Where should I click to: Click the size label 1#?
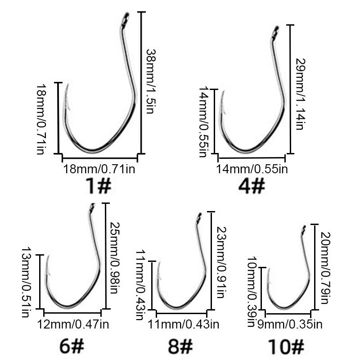(98, 185)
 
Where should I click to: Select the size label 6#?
(72, 346)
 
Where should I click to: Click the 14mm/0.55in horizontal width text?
(252, 169)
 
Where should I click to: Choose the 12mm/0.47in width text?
(73, 324)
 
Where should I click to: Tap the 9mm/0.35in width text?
(286, 323)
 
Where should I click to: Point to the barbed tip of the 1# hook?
(67, 88)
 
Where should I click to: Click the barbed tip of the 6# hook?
(47, 261)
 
